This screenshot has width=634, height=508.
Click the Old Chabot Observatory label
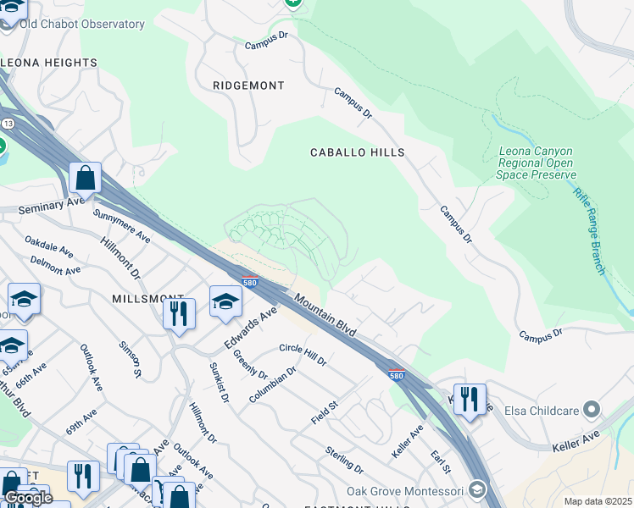point(81,25)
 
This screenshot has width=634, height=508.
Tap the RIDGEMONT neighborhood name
point(248,86)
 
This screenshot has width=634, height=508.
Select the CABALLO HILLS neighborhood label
point(357,152)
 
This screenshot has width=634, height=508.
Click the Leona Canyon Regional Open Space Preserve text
point(536,163)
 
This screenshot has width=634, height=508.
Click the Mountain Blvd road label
point(325,314)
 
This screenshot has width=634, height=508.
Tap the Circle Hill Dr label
point(303,355)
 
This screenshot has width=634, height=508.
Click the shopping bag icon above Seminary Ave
point(85,178)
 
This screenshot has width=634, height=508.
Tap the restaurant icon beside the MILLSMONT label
point(179,314)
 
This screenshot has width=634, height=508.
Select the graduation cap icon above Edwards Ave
point(225,301)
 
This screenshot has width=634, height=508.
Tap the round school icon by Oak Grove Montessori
point(477,490)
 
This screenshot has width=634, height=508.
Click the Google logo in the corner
point(28,498)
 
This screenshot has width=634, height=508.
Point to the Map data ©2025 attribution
point(598,501)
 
